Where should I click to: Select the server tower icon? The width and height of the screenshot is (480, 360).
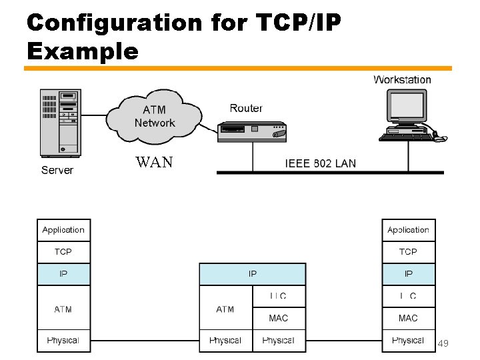coord(60,123)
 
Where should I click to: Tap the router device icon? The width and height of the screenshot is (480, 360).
coord(252,132)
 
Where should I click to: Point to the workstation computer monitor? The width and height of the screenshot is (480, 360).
coord(407,107)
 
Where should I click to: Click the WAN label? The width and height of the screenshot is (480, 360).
coord(154,162)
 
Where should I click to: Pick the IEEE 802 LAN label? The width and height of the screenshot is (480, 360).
coord(321,163)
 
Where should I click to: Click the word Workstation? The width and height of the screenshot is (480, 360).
coord(402,80)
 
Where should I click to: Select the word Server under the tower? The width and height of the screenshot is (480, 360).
coord(57,170)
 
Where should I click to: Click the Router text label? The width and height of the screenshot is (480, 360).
coord(246,108)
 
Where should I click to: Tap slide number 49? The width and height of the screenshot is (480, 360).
coord(443,343)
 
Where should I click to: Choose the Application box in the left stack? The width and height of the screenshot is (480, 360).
coord(63,230)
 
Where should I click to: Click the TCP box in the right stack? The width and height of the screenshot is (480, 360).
coord(408,252)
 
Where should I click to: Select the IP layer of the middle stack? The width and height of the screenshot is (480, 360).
coord(253,274)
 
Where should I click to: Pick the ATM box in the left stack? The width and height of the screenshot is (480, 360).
coord(63,309)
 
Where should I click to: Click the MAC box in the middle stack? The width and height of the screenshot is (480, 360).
coord(279,318)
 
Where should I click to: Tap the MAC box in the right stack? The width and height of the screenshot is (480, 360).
coord(408,318)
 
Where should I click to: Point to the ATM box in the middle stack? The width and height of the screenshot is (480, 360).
coord(225,309)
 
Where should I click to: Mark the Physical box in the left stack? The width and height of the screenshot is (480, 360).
coord(63,341)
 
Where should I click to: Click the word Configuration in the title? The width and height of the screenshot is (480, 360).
coord(114,23)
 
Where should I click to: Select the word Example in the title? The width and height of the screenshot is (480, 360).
coord(83,51)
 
